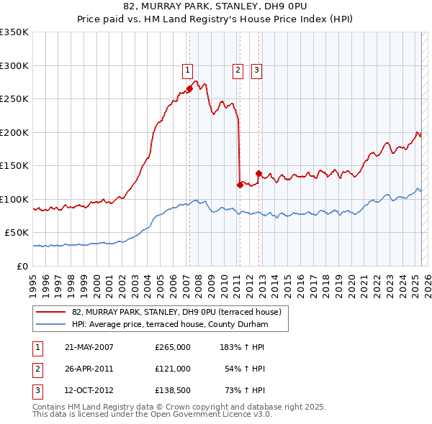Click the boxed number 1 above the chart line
pyautogui.click(x=187, y=70)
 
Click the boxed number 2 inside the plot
pyautogui.click(x=237, y=70)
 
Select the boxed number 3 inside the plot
pyautogui.click(x=256, y=70)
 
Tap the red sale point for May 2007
pyautogui.click(x=189, y=89)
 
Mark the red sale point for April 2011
pyautogui.click(x=239, y=185)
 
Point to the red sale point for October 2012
pyautogui.click(x=258, y=173)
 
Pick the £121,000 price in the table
pyautogui.click(x=172, y=369)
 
